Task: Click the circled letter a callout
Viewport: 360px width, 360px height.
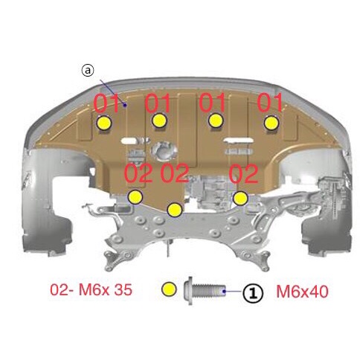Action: [88, 71]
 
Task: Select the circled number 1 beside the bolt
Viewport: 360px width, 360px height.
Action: [253, 293]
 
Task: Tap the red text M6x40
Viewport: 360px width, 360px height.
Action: [302, 292]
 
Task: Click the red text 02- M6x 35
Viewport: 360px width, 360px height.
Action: [91, 289]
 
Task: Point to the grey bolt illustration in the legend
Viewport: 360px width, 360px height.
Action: [205, 290]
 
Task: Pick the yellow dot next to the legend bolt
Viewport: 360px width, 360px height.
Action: [169, 289]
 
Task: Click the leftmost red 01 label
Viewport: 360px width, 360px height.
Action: [106, 103]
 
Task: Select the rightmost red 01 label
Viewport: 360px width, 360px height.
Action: [270, 102]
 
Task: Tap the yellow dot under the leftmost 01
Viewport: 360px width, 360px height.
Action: [104, 123]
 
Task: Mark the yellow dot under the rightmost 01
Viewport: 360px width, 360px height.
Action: [271, 123]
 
